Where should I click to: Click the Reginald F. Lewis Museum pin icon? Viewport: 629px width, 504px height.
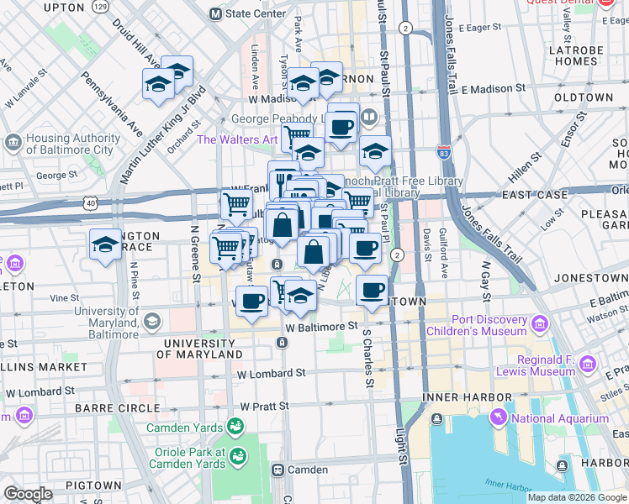587,365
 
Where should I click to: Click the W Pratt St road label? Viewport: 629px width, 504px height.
264,406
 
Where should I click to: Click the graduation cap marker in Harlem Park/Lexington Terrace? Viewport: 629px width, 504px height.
105,245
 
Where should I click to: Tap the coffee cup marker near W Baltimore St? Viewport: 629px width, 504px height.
251,300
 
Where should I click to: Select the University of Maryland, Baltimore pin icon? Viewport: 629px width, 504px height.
152,319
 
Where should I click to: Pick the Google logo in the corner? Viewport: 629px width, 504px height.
28,494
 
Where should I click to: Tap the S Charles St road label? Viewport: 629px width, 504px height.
367,357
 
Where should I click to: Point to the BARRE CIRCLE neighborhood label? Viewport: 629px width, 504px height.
116,408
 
